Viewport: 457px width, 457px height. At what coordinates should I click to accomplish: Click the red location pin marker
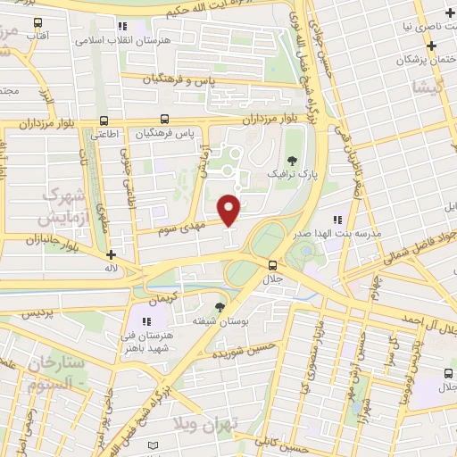pos(229,211)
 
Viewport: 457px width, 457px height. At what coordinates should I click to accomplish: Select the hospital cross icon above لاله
pos(110,254)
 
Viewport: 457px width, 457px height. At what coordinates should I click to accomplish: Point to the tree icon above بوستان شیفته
pos(220,305)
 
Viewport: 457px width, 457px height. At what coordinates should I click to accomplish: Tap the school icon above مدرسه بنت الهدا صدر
pos(337,220)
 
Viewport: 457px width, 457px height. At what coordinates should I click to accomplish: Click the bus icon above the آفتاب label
pos(37,22)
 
